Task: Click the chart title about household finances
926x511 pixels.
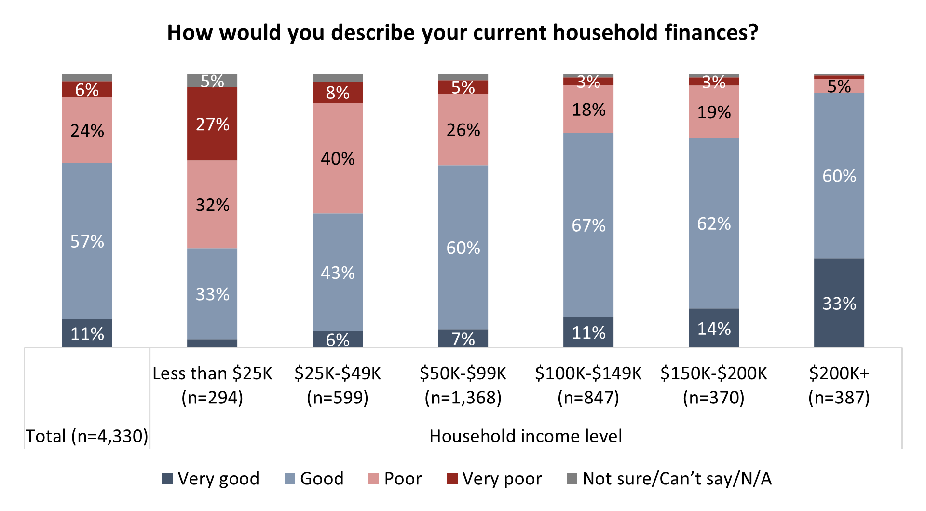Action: [x=463, y=33]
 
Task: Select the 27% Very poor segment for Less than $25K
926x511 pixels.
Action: [x=212, y=124]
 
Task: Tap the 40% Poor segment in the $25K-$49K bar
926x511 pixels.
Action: [x=338, y=158]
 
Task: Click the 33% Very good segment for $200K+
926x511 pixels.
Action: [x=839, y=303]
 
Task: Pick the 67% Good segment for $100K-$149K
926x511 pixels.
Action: [x=588, y=225]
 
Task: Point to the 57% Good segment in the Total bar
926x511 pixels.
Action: [x=87, y=241]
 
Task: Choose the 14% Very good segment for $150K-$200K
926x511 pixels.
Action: [x=714, y=328]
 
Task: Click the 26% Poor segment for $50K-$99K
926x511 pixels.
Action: [x=463, y=130]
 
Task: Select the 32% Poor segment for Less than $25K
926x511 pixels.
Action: [x=212, y=205]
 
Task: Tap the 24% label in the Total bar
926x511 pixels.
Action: [x=87, y=130]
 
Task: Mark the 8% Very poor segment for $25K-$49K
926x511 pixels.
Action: [x=338, y=92]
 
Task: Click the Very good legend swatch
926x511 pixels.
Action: [x=167, y=479]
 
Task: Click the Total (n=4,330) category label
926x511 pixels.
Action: [x=87, y=436]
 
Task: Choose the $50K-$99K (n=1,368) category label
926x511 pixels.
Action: [x=463, y=385]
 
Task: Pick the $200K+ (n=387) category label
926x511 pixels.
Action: [x=839, y=385]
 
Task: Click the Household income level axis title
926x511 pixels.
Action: [x=525, y=436]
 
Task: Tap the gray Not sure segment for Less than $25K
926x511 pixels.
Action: [x=212, y=81]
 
